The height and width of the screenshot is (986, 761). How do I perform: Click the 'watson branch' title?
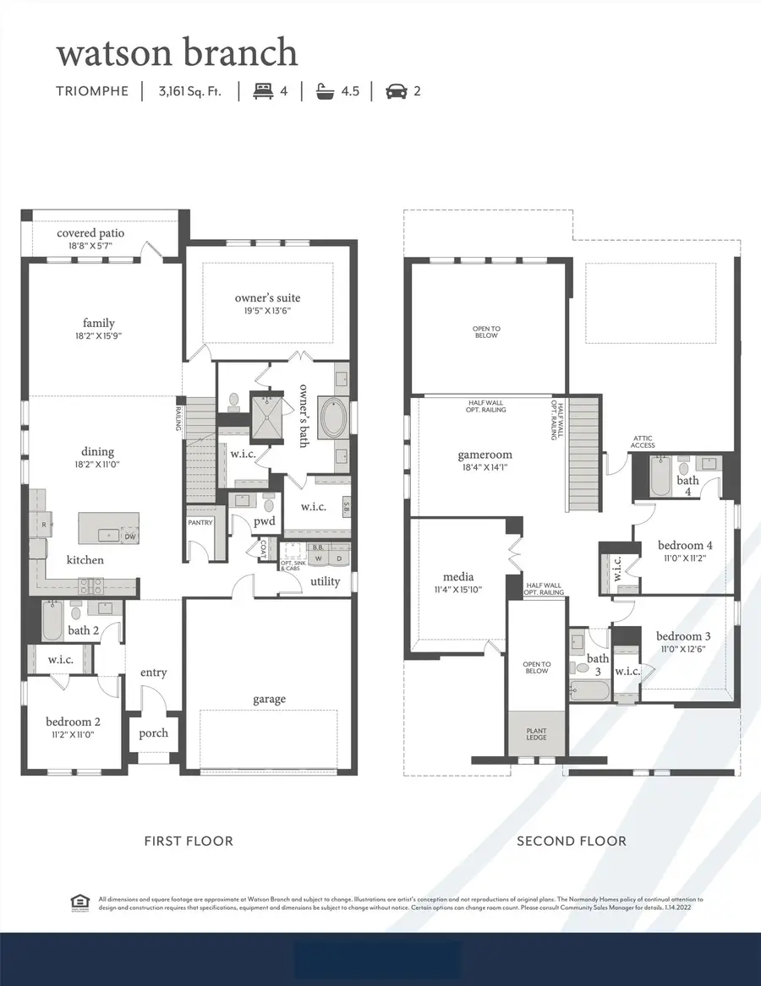177,52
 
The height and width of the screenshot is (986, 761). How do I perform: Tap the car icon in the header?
396,91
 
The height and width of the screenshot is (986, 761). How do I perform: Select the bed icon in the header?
263,91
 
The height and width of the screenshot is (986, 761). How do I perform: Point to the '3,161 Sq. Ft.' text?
189,91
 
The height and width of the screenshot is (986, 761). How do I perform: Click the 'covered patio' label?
90,233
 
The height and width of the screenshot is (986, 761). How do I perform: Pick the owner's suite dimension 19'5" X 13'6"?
267,310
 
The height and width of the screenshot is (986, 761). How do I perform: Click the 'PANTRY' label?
200,523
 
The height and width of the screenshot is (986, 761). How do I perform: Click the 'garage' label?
269,699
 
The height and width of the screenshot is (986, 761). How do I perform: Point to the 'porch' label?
153,733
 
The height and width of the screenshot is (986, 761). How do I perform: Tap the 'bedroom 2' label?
74,722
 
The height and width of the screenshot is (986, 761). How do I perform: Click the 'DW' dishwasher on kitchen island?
130,536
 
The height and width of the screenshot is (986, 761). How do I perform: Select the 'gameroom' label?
485,455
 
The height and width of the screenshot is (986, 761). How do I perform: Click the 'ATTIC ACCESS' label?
643,442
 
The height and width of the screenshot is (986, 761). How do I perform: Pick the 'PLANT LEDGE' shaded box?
537,733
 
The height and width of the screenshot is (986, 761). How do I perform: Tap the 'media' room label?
457,577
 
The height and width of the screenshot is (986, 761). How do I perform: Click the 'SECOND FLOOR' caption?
572,841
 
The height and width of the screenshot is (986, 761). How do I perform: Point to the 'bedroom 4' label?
685,545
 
